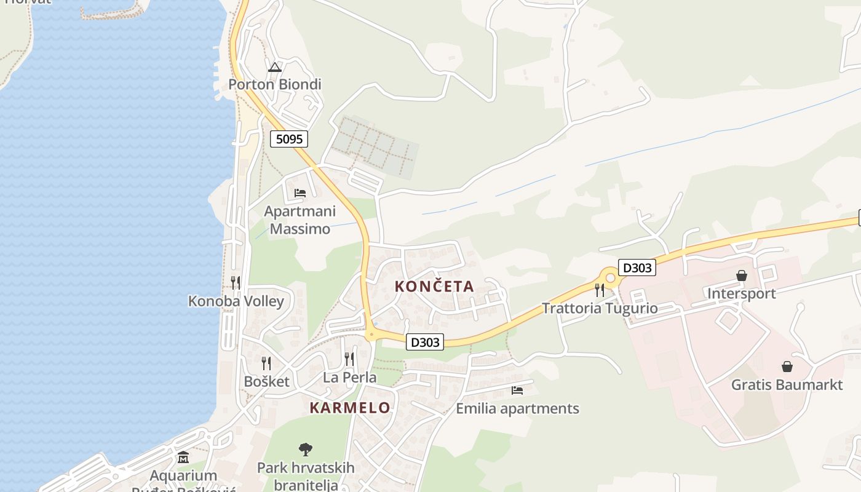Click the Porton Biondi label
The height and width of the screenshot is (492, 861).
[275, 84]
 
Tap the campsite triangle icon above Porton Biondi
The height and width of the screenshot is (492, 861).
[275, 67]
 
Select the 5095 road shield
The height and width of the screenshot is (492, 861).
[289, 139]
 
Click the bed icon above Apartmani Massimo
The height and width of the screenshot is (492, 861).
[300, 193]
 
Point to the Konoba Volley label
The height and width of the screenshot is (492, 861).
[236, 301]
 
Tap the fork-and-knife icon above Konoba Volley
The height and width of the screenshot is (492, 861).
[236, 283]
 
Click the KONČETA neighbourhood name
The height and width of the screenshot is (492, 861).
[434, 286]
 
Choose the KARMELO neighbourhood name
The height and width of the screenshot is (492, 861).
[350, 408]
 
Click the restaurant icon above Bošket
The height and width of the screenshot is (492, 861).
[266, 363]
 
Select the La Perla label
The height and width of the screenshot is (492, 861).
[350, 377]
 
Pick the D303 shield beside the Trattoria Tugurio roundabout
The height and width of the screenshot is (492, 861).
[637, 268]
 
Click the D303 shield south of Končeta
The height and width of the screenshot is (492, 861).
[425, 342]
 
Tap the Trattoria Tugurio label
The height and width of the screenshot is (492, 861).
[600, 308]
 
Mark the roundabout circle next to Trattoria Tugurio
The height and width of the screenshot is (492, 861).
[610, 278]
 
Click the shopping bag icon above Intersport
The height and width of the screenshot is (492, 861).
[742, 276]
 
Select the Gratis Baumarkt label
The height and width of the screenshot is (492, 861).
[787, 385]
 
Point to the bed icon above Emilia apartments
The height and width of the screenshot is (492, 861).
[517, 390]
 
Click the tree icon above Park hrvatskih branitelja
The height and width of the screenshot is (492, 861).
[306, 450]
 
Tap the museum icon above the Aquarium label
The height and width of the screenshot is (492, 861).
[183, 458]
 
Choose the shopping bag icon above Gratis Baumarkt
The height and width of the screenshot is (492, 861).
[787, 367]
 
